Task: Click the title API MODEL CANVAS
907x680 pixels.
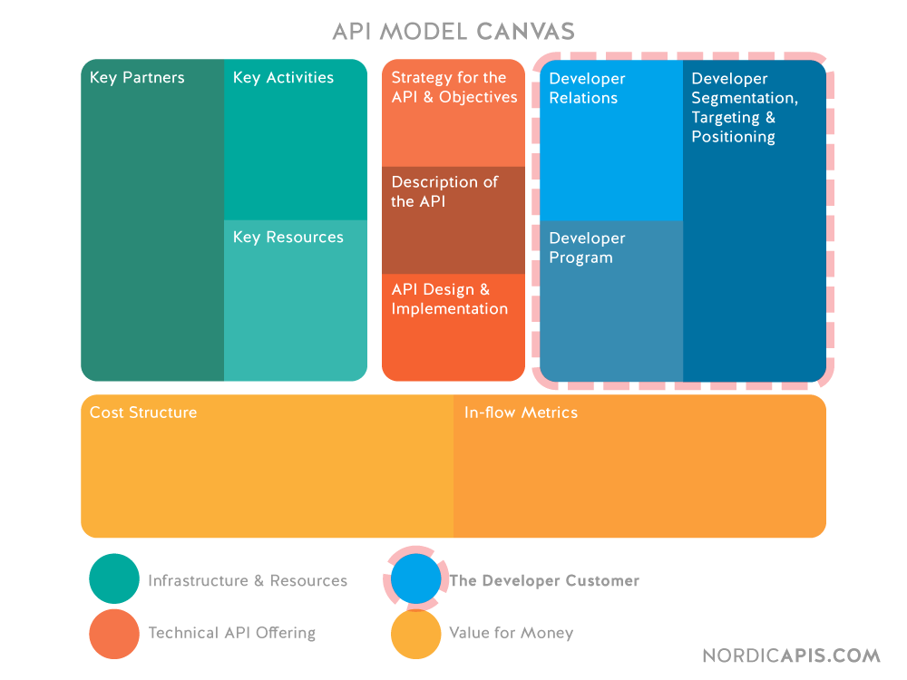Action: click(x=453, y=32)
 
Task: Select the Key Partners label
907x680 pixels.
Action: click(x=137, y=78)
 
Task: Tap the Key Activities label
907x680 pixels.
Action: click(x=283, y=78)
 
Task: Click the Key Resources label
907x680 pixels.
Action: click(x=288, y=238)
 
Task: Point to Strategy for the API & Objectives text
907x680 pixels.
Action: click(x=453, y=88)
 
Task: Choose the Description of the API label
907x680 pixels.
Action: click(x=444, y=192)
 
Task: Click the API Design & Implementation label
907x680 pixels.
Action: click(x=449, y=299)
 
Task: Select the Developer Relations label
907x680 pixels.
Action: click(x=587, y=89)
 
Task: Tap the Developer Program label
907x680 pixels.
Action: click(x=587, y=248)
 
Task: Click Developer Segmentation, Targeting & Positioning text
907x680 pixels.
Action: click(x=744, y=108)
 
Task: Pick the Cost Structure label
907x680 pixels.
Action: click(x=143, y=413)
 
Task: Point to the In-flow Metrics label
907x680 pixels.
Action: click(x=521, y=413)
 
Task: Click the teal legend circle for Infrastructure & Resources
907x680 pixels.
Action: click(x=114, y=578)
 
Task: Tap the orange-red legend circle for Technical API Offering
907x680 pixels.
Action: click(x=114, y=633)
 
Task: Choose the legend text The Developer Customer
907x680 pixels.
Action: click(x=544, y=581)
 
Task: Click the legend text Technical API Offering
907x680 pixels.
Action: click(x=231, y=633)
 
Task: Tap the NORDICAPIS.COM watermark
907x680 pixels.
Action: click(x=791, y=656)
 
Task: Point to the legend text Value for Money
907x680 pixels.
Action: click(x=511, y=633)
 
